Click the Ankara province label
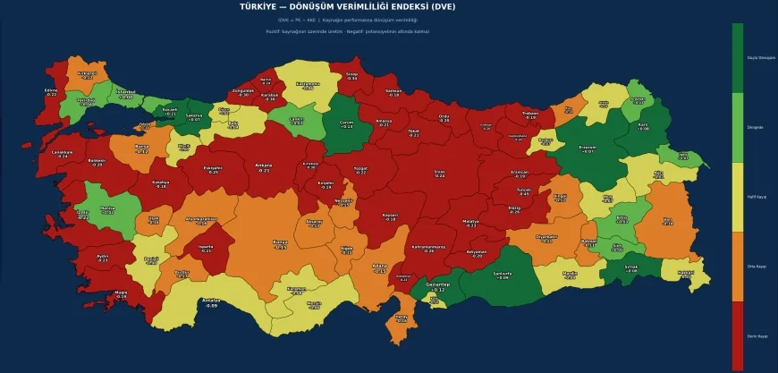pyautogui.click(x=264, y=167)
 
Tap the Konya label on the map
pyautogui.click(x=280, y=244)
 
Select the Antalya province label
pyautogui.click(x=211, y=302)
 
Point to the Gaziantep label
pyautogui.click(x=436, y=287)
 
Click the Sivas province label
pyautogui.click(x=439, y=174)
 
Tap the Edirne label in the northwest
pyautogui.click(x=51, y=92)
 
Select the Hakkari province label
pyautogui.click(x=686, y=274)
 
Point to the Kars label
pyautogui.click(x=642, y=126)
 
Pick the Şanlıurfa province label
pyautogui.click(x=503, y=275)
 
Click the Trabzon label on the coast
pyautogui.click(x=531, y=114)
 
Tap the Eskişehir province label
pyautogui.click(x=213, y=168)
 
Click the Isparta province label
pyautogui.click(x=206, y=250)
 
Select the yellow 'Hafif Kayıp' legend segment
pyautogui.click(x=737, y=197)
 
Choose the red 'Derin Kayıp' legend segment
pyautogui.click(x=737, y=335)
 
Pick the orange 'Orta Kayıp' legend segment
pyautogui.click(x=737, y=267)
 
